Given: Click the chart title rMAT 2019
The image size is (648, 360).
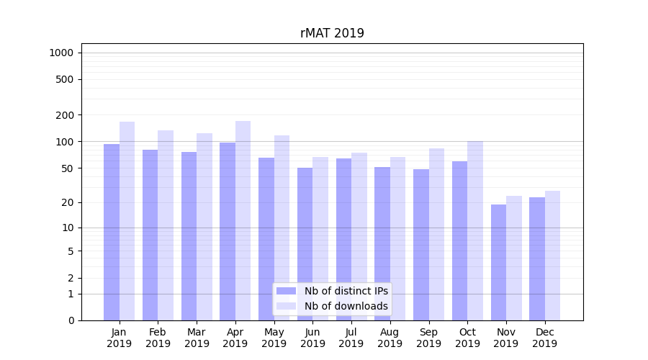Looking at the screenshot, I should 332,33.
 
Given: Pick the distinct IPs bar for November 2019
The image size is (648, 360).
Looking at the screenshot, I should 498,262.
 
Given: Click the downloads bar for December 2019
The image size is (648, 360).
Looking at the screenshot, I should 552,256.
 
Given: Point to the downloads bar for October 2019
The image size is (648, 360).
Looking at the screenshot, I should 475,230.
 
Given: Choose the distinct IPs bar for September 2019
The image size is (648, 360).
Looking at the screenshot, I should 421,245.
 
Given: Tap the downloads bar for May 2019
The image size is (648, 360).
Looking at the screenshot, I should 282,228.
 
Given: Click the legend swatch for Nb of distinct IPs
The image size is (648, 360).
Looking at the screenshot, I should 286,291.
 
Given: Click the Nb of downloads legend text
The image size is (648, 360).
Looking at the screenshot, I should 346,306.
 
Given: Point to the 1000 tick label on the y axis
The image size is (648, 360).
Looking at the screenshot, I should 60,53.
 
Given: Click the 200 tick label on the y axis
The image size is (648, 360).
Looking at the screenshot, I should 65,115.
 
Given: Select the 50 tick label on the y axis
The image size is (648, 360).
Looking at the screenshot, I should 67,168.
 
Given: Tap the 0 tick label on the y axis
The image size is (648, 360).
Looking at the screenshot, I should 71,320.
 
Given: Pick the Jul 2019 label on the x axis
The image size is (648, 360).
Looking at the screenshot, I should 351,338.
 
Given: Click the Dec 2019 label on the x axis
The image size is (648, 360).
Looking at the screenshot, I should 544,338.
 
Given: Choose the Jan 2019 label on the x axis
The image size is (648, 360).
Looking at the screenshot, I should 120,338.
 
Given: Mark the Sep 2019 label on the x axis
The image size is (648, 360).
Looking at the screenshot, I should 428,338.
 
